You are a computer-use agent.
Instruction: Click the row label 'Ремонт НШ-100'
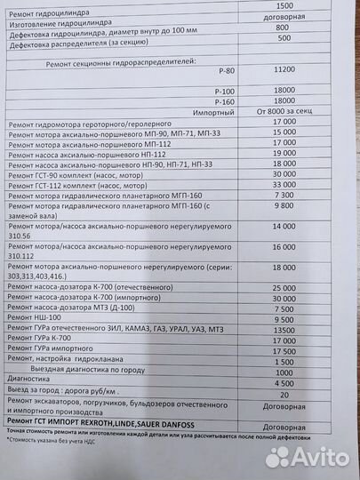click(x=34, y=318)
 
